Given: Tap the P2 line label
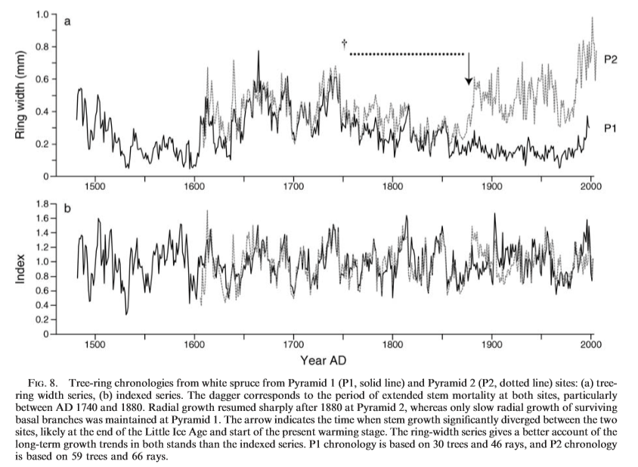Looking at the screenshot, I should pos(612,58).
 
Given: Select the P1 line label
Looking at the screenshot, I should pos(612,129).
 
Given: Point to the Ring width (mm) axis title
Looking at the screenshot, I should pos(22,95).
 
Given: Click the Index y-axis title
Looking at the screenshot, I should pos(22,269).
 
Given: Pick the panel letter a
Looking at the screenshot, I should pos(67,22).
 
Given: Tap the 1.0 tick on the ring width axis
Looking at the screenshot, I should pos(42,14).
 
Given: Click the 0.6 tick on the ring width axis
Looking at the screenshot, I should pos(42,79).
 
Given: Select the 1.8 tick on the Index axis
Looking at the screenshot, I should pos(42,204).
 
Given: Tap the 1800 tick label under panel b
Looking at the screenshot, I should pos(392,343).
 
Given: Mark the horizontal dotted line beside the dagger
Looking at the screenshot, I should pos(407,54).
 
